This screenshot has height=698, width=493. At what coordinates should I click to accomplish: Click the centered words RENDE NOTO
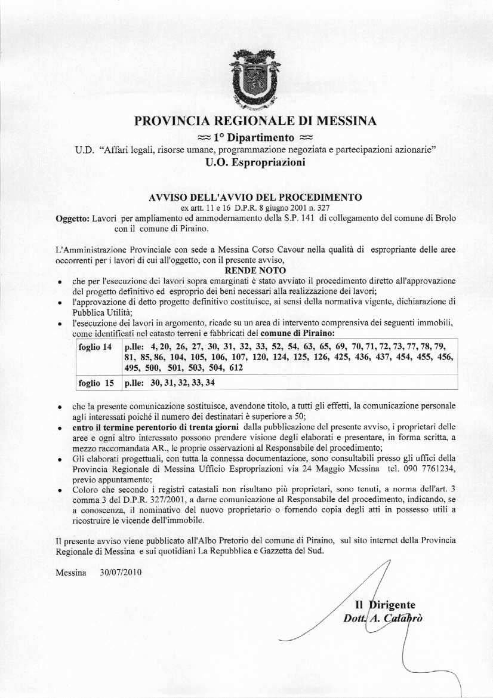[255, 270]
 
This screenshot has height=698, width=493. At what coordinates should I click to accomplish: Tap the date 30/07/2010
[122, 573]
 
